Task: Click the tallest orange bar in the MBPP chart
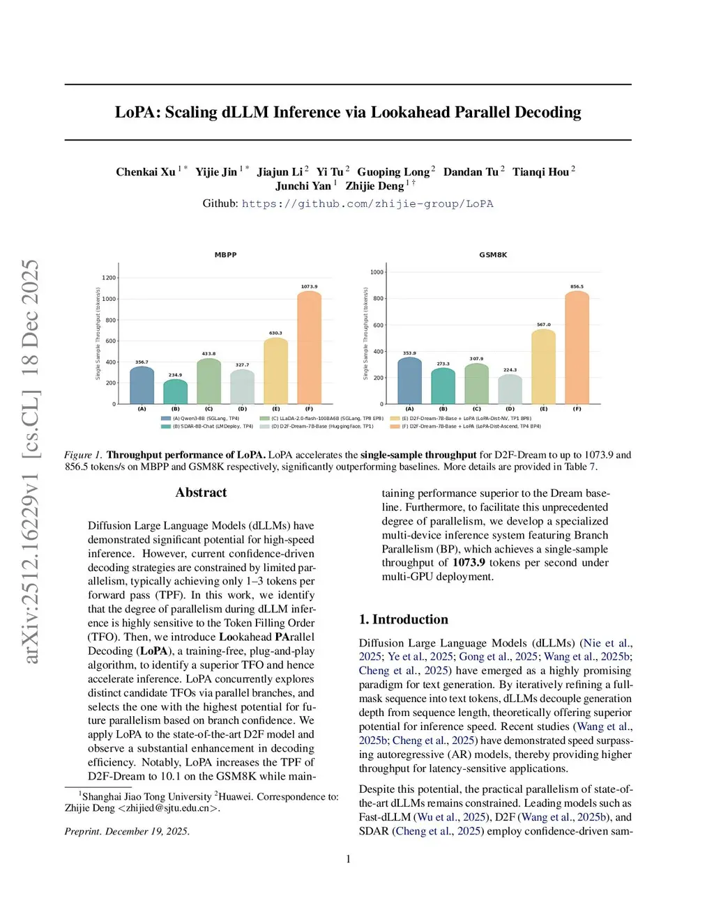[309, 348]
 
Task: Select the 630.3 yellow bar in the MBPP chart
[275, 371]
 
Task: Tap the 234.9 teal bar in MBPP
[175, 391]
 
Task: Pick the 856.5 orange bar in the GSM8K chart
[577, 348]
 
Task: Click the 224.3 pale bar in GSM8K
[510, 389]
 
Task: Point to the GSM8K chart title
[493, 255]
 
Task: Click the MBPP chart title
[225, 255]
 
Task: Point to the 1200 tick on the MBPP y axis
[109, 278]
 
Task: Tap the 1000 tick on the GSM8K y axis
[377, 272]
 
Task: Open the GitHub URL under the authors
[367, 204]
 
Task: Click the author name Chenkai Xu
[146, 172]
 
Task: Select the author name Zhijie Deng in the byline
[374, 186]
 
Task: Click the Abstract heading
[201, 492]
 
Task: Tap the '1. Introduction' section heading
[403, 619]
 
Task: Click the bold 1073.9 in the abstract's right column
[469, 563]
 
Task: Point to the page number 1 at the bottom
[348, 859]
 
